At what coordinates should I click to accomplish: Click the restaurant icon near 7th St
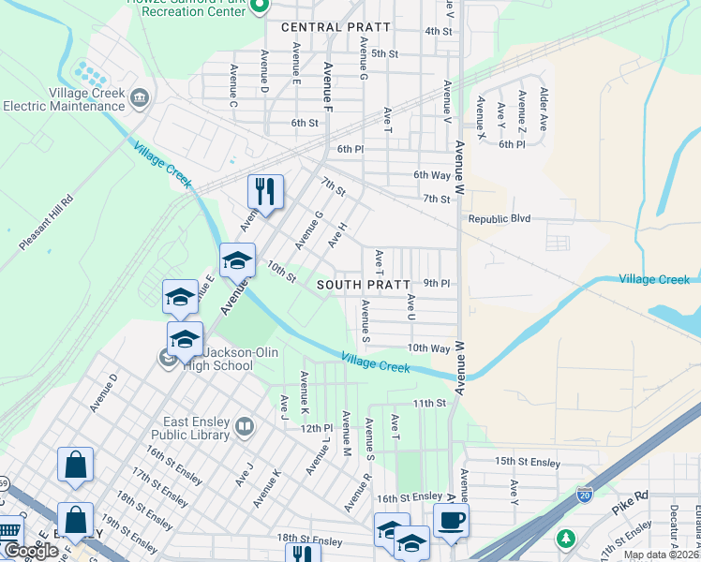click(x=265, y=192)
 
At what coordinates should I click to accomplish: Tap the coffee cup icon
click(x=451, y=519)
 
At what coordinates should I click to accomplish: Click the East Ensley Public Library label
click(x=196, y=428)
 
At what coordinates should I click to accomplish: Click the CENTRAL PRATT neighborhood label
click(x=321, y=27)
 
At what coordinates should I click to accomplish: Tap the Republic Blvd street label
click(x=499, y=219)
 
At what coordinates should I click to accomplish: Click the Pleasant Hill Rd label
click(x=45, y=221)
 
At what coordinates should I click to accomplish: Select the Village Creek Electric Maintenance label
click(x=64, y=99)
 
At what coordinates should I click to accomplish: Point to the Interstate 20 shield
click(x=585, y=491)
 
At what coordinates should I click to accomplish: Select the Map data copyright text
click(x=662, y=555)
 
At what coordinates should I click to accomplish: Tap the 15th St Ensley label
click(x=527, y=462)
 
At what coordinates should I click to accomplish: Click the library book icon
click(x=245, y=427)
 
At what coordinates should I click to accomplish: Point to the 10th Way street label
click(x=429, y=348)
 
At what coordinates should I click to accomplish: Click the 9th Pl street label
click(x=437, y=283)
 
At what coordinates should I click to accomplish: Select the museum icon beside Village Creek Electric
click(x=140, y=97)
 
